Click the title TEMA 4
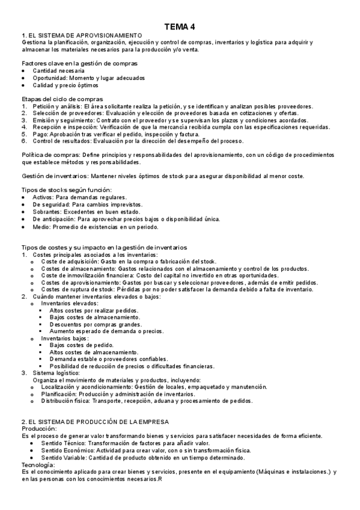click(180, 26)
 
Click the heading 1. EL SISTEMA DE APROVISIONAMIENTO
click(81, 36)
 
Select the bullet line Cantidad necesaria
click(58, 71)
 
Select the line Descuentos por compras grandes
click(90, 324)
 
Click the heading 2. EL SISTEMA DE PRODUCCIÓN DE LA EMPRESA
click(95, 422)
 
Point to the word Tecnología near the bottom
click(37, 465)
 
